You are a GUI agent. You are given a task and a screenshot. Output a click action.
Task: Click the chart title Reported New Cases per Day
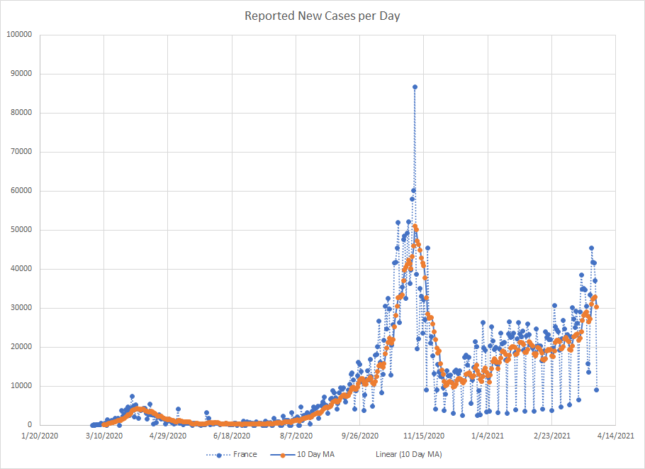click(x=322, y=16)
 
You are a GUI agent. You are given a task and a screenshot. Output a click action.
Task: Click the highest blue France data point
click(x=415, y=87)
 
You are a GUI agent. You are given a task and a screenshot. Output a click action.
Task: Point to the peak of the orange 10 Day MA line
click(x=415, y=227)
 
